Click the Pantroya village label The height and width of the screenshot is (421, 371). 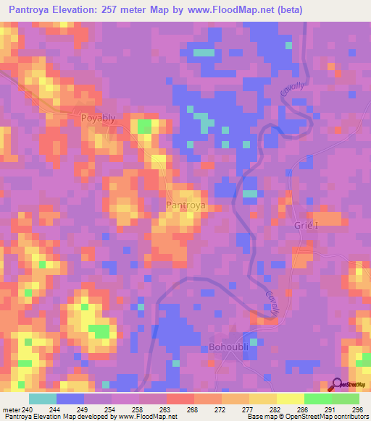click(187, 205)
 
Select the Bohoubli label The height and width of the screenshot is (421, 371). click(230, 346)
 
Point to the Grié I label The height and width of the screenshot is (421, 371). click(307, 225)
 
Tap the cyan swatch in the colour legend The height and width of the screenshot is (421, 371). click(43, 399)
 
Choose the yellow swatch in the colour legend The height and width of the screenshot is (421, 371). click(290, 399)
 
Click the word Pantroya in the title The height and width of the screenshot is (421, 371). click(33, 9)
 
